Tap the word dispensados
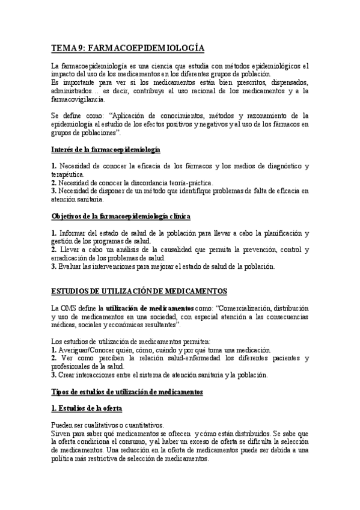click(285, 82)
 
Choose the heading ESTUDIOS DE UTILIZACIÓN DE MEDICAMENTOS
click(139, 291)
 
